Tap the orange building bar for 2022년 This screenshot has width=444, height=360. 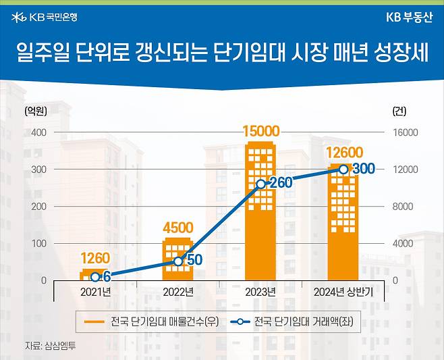point(178,260)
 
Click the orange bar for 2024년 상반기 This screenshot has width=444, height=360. point(343,223)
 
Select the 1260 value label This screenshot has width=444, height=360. point(95,258)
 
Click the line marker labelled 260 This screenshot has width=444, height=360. point(261,184)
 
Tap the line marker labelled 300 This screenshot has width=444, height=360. point(343,169)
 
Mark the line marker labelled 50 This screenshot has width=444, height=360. point(178,261)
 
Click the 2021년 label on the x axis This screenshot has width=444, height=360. point(95,292)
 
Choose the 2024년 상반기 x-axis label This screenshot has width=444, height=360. point(343,292)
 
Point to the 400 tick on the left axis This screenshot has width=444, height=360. point(38,132)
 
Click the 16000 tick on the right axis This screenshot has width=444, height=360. point(406,132)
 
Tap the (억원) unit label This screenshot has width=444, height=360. point(34,110)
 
